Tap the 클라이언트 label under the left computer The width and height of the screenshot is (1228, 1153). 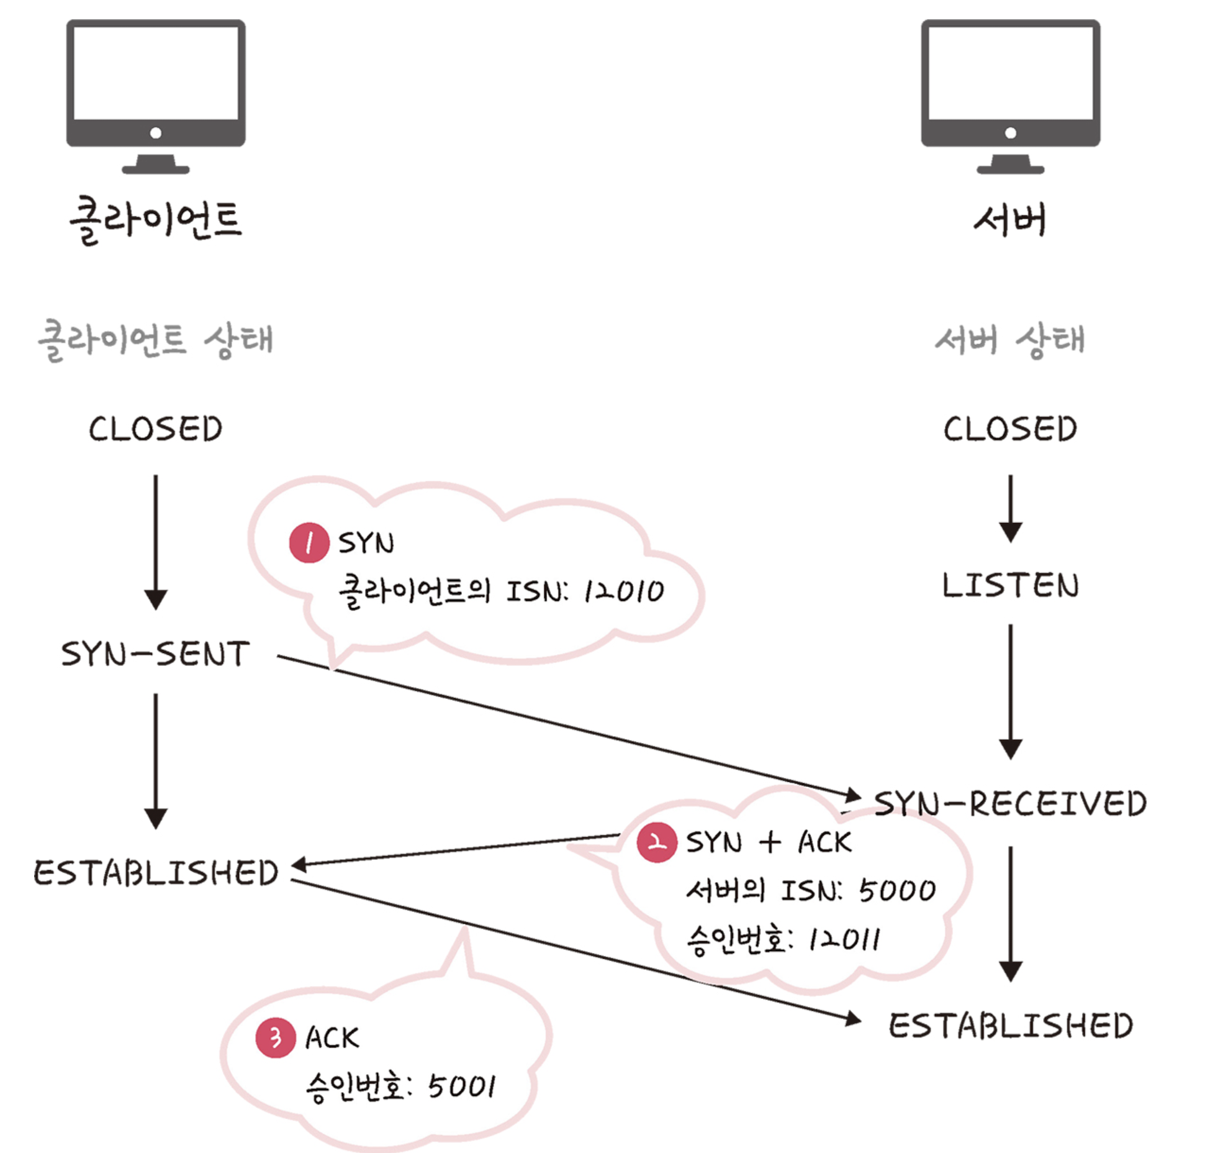coord(155,221)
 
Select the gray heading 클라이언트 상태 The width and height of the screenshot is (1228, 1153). coord(155,340)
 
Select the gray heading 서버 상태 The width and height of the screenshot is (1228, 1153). coord(1010,340)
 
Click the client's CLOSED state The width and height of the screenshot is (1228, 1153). coord(155,429)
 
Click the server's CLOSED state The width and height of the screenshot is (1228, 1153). coord(1010,429)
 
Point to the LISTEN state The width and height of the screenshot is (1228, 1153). coord(1010,586)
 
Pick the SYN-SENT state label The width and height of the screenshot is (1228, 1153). coord(155,654)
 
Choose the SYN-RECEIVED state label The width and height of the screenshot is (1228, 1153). coord(1010,803)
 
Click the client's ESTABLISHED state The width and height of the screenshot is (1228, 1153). coord(155,873)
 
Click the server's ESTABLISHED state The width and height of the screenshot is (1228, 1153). coord(1010,1026)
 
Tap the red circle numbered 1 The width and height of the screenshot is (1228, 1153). coord(309,543)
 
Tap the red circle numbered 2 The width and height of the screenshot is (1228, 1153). coord(657,842)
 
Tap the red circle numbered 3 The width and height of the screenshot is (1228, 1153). coord(276,1037)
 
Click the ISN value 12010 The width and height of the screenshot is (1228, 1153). coord(623,591)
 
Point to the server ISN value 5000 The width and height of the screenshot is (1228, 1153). coord(897,891)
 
